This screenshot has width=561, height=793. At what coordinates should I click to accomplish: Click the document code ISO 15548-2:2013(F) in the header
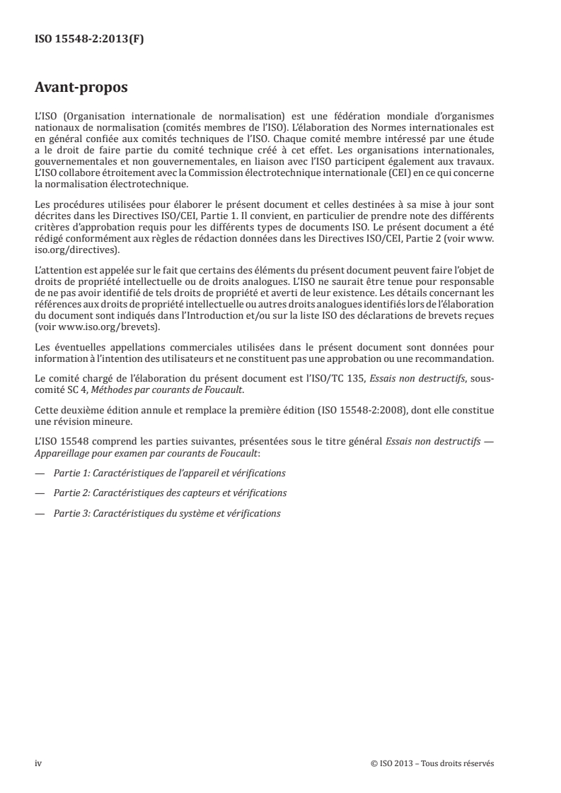click(89, 40)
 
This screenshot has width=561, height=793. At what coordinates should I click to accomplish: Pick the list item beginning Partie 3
click(167, 513)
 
